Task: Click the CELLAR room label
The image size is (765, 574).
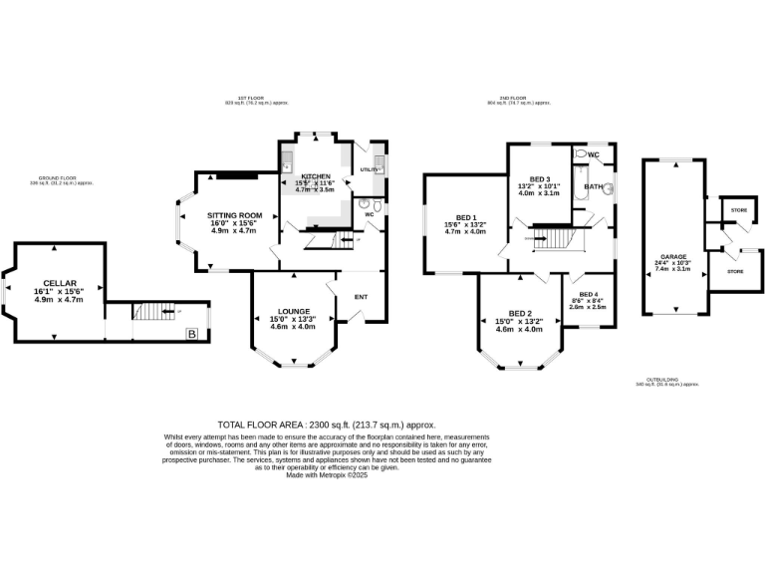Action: tap(59, 283)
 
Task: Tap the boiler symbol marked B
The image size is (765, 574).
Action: tap(192, 334)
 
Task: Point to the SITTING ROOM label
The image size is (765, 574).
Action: tap(234, 215)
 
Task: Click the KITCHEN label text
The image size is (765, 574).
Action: tap(315, 175)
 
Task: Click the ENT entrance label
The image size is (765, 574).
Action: tap(361, 296)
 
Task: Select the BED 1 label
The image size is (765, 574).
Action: tap(466, 218)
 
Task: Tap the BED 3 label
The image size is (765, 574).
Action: tap(539, 179)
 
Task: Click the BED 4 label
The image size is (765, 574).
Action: tap(590, 295)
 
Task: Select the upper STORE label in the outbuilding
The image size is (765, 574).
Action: tap(738, 211)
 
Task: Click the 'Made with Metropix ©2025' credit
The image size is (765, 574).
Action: tap(327, 475)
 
